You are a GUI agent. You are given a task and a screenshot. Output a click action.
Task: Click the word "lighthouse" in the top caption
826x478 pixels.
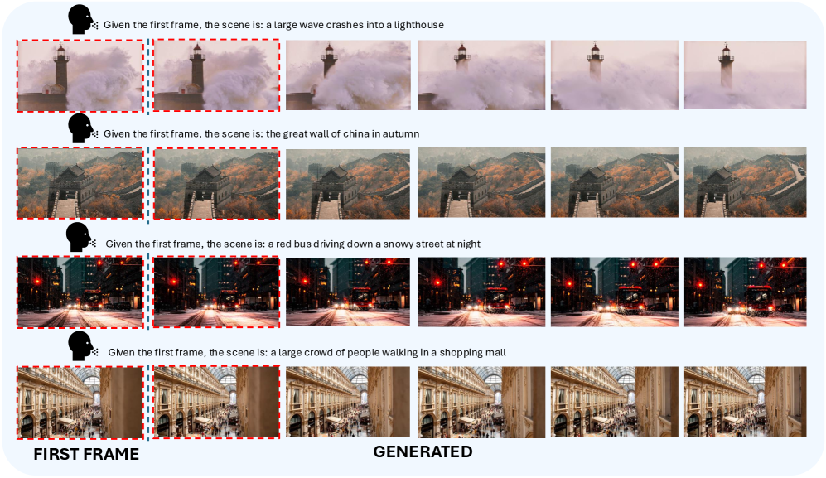[418, 25]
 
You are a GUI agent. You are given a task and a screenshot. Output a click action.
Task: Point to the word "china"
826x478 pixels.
[357, 134]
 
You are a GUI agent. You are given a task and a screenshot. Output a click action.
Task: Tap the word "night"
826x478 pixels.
[468, 244]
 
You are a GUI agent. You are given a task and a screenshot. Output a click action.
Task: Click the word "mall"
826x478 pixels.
[495, 353]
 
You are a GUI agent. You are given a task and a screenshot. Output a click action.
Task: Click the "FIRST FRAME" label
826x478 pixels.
[86, 454]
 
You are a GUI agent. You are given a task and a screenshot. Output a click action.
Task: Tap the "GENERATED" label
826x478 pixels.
[423, 451]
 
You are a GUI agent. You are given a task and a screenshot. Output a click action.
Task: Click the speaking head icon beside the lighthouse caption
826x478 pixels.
[80, 20]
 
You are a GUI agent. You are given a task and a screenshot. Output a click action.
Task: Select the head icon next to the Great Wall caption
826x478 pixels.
[80, 128]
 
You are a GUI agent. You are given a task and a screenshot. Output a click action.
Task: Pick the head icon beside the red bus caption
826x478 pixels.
[79, 237]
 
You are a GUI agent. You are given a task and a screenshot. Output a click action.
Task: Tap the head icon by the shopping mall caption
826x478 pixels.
[81, 346]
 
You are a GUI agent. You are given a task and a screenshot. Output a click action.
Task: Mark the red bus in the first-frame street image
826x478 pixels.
[92, 299]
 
